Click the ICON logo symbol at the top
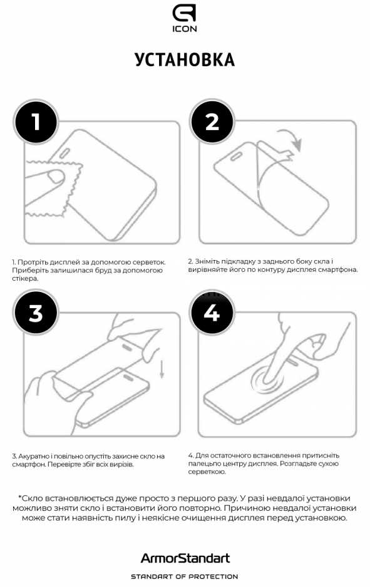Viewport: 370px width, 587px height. tap(185, 14)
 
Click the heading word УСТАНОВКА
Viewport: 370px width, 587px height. tap(185, 60)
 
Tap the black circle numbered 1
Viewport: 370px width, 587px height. tap(36, 121)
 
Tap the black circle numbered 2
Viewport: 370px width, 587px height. tap(212, 121)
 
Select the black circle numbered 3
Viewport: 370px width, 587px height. tap(36, 313)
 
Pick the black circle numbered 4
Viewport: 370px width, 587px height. tap(212, 313)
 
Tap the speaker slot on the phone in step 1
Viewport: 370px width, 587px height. tap(64, 153)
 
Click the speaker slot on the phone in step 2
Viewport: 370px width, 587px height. tap(237, 156)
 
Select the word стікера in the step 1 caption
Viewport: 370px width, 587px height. tap(25, 279)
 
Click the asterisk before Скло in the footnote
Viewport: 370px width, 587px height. tap(20, 497)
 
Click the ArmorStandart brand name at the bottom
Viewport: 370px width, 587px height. tap(185, 558)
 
